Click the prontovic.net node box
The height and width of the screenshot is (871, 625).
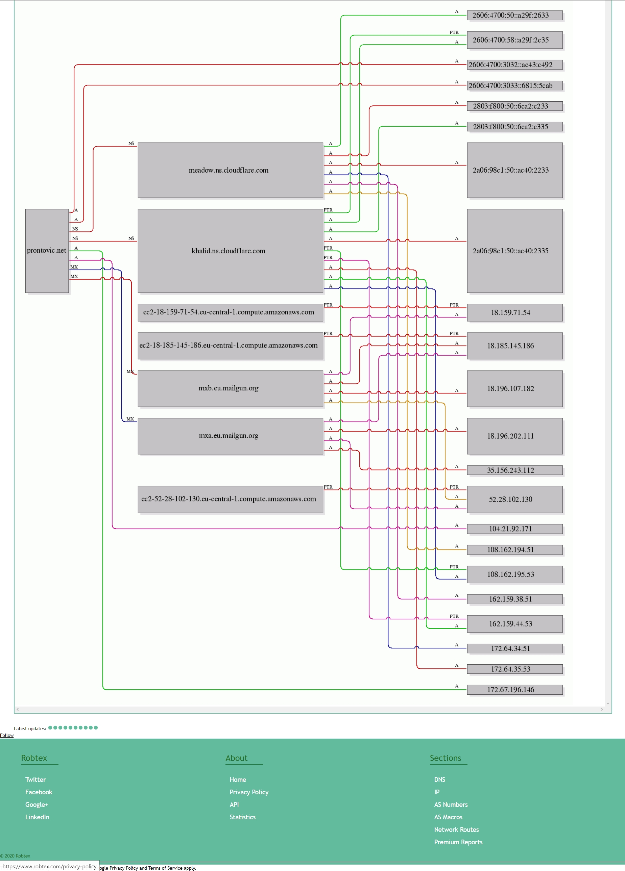pyautogui.click(x=47, y=251)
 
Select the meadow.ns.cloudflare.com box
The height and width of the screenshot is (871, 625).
pyautogui.click(x=230, y=170)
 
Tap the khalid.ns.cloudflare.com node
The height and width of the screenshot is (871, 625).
pyautogui.click(x=230, y=251)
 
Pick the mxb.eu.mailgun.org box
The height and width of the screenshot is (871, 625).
pyautogui.click(x=230, y=388)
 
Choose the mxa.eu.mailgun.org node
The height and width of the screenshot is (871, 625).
pyautogui.click(x=230, y=436)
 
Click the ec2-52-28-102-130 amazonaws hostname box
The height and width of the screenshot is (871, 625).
pyautogui.click(x=230, y=499)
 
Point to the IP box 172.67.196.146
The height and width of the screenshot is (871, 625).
pyautogui.click(x=515, y=690)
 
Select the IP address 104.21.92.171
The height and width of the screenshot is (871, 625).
pyautogui.click(x=515, y=529)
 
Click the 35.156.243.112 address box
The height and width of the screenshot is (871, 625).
pyautogui.click(x=515, y=470)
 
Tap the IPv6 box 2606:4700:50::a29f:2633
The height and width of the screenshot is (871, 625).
pyautogui.click(x=515, y=15)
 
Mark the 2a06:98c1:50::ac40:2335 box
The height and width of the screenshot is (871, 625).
pyautogui.click(x=515, y=251)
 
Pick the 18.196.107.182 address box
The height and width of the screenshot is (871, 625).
pyautogui.click(x=515, y=388)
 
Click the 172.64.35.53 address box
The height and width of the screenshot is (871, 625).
pyautogui.click(x=515, y=669)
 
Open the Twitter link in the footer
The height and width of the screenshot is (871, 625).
pyautogui.click(x=35, y=779)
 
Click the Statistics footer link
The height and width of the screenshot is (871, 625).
pyautogui.click(x=243, y=817)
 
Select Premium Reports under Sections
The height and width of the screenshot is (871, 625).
pyautogui.click(x=458, y=842)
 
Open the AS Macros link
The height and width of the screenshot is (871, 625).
pyautogui.click(x=448, y=817)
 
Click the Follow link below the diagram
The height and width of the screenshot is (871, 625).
pyautogui.click(x=6, y=735)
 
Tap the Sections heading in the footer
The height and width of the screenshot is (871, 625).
pyautogui.click(x=445, y=758)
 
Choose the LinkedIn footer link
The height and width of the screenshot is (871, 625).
pyautogui.click(x=37, y=817)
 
